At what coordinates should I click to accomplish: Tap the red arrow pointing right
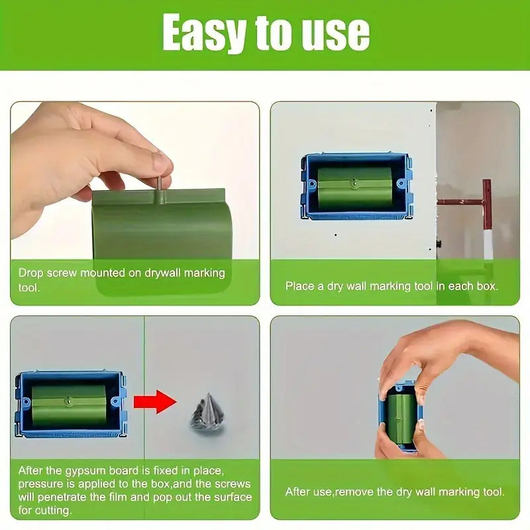click(155, 401)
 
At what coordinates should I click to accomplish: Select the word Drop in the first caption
click(30, 273)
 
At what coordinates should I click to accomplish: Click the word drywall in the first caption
click(162, 273)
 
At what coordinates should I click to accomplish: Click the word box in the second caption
click(487, 286)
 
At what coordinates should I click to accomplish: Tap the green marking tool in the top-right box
click(354, 187)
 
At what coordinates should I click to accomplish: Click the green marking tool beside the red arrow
click(69, 405)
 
